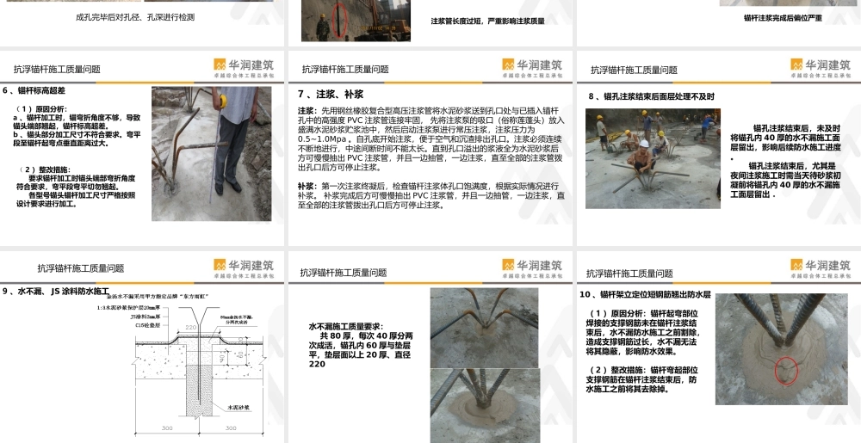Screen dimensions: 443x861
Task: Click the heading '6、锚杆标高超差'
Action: (x=35, y=90)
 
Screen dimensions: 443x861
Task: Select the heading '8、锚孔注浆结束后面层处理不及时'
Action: (x=652, y=97)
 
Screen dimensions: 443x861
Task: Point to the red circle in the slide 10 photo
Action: (x=784, y=370)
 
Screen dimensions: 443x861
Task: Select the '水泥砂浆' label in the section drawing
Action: (x=239, y=407)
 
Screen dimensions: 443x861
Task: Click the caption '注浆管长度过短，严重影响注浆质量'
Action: (x=486, y=22)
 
